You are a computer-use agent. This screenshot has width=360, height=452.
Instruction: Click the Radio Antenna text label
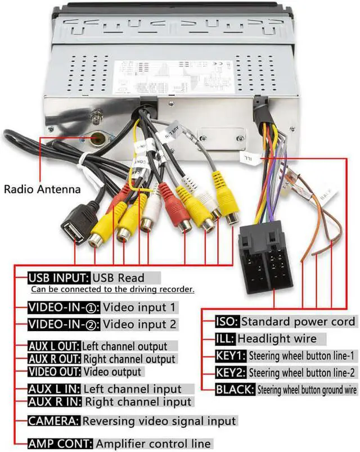(42, 189)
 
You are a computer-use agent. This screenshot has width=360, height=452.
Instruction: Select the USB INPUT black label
(58, 278)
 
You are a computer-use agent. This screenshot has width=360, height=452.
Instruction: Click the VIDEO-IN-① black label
(64, 308)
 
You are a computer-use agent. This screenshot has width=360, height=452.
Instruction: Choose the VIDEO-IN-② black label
(64, 324)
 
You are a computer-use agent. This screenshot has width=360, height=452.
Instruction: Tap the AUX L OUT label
(54, 346)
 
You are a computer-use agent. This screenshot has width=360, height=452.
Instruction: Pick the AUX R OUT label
(55, 359)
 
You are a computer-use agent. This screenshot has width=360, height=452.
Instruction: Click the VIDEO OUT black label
(55, 372)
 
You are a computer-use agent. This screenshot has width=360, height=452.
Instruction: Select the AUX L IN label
(54, 389)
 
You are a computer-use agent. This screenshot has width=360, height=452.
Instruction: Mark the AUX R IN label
(55, 401)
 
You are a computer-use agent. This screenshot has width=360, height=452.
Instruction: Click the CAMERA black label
(54, 421)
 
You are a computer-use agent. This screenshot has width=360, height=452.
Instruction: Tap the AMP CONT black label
(61, 444)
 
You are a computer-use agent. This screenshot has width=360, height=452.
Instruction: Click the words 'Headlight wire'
(277, 339)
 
